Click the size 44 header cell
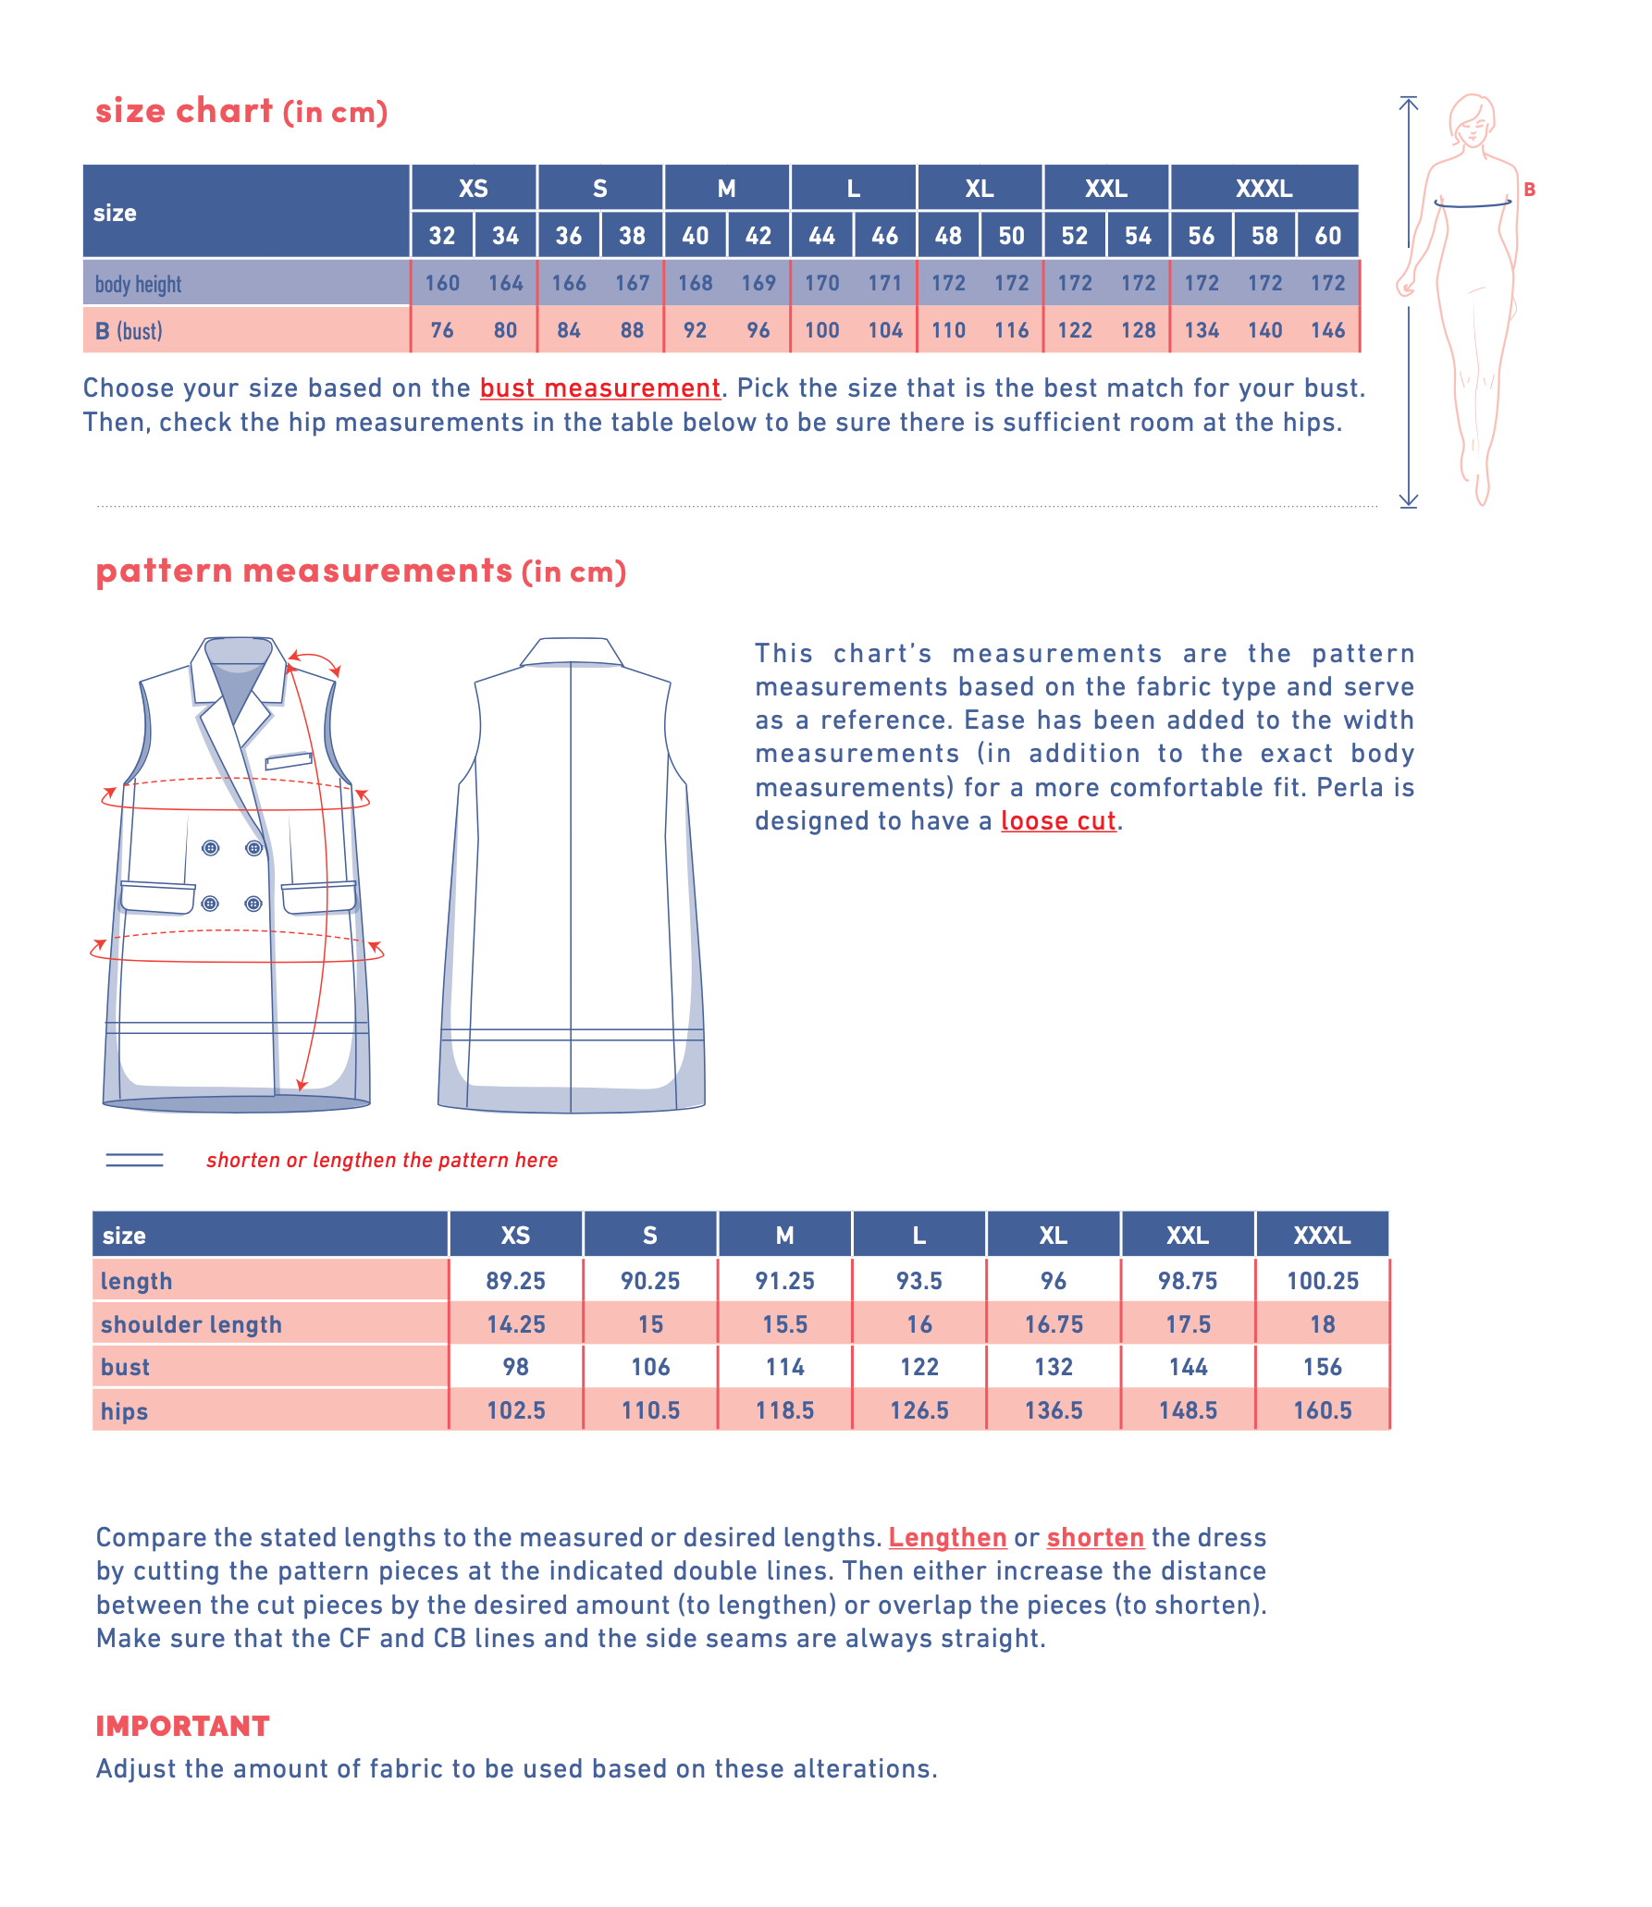(821, 236)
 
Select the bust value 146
(1327, 330)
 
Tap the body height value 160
(442, 283)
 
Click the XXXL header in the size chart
(1264, 189)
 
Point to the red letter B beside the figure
(1530, 190)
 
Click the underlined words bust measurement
(599, 388)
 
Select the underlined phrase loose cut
(1058, 821)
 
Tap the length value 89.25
(515, 1281)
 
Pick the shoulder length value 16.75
(1054, 1324)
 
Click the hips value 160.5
(1322, 1410)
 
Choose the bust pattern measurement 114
(784, 1367)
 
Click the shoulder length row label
(191, 1324)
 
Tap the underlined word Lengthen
(947, 1537)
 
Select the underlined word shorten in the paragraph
(1095, 1537)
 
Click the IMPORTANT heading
(183, 1726)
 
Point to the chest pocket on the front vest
(289, 761)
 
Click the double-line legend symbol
(135, 1160)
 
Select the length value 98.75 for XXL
(1188, 1281)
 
